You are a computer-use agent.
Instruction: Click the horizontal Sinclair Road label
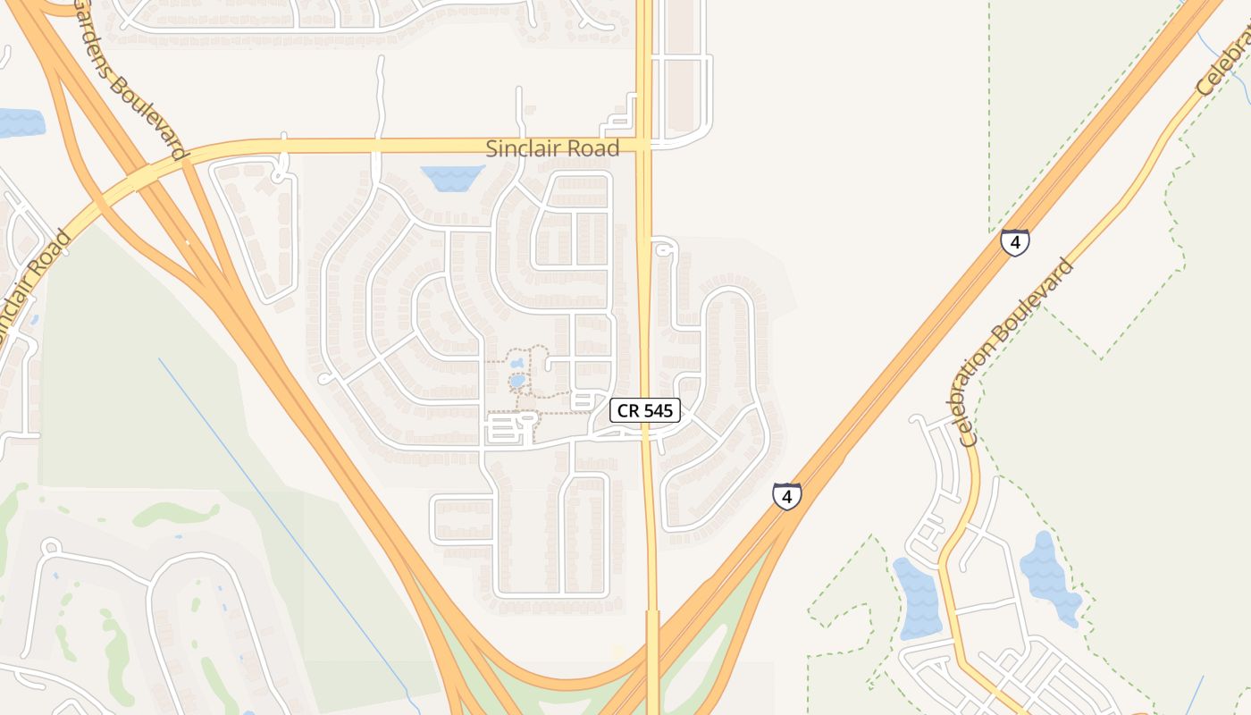[552, 149]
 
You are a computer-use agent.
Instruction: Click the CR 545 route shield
[645, 411]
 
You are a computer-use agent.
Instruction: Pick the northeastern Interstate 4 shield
[1014, 242]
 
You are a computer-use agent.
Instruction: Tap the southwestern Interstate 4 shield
[786, 496]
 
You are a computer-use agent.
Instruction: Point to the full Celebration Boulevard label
[1014, 353]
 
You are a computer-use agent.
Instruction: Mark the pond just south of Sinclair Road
[452, 178]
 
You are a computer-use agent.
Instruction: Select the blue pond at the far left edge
[20, 122]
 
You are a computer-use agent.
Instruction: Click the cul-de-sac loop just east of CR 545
[661, 249]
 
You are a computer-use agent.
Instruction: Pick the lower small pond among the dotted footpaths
[517, 381]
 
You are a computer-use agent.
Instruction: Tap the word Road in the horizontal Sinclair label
[597, 149]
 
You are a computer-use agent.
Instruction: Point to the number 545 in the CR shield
[659, 411]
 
